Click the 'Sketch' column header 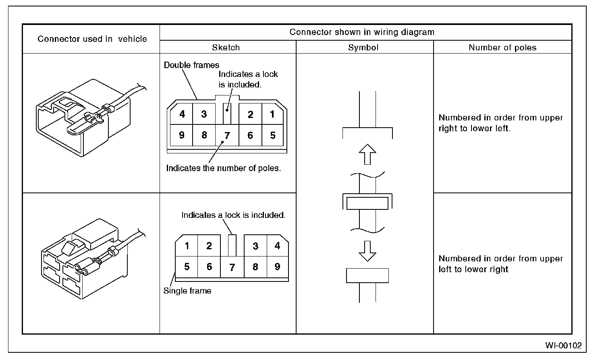click(226, 48)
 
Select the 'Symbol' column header click(363, 48)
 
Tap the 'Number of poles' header click(502, 48)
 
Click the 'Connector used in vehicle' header click(92, 39)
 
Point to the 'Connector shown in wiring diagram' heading click(362, 32)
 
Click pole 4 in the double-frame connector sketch click(182, 114)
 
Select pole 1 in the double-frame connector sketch click(272, 114)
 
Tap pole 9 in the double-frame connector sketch click(182, 135)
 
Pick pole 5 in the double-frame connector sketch click(273, 135)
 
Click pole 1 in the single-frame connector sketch click(187, 246)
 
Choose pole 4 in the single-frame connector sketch click(277, 245)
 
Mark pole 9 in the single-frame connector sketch click(277, 267)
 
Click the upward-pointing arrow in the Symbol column click(367, 154)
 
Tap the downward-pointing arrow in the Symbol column click(367, 251)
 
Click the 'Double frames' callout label click(191, 65)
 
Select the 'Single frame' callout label click(187, 291)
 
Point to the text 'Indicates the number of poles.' click(224, 168)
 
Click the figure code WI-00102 click(563, 346)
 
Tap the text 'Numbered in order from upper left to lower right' click(500, 264)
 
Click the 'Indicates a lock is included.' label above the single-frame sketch click(233, 215)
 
